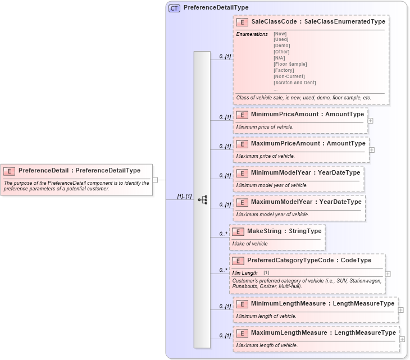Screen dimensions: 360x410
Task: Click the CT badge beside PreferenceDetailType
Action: [174, 8]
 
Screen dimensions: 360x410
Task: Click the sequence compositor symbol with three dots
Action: [203, 199]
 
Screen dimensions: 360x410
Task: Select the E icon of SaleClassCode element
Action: [242, 22]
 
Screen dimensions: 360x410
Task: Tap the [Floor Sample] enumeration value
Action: [290, 64]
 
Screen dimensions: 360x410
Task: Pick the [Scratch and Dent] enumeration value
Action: [294, 83]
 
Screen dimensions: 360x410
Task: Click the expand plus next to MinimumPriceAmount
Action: [370, 120]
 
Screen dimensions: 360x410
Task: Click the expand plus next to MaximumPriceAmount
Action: [372, 150]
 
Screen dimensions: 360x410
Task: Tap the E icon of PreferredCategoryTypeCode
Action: [238, 261]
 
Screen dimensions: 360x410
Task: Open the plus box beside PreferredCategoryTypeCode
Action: [388, 274]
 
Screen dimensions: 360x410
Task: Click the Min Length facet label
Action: [245, 273]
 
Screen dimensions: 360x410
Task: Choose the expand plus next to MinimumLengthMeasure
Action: [400, 309]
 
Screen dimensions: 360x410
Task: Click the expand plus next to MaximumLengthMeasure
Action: [402, 339]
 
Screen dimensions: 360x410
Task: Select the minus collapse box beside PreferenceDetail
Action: [155, 180]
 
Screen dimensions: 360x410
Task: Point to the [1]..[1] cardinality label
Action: [184, 197]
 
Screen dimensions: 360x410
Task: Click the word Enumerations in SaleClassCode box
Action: [252, 34]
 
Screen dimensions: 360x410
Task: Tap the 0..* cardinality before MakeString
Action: [223, 234]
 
